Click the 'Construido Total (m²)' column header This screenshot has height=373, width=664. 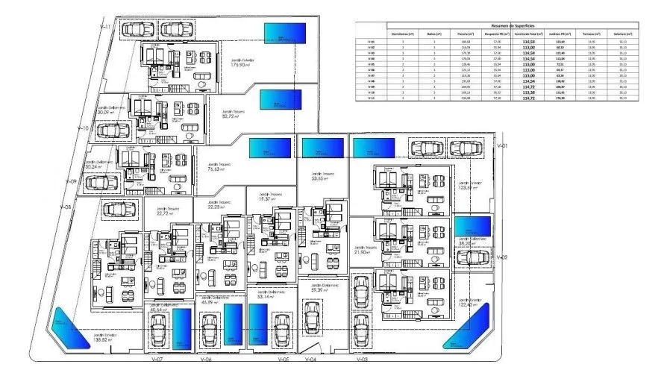(x=530, y=34)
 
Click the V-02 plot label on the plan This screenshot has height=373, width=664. (x=502, y=257)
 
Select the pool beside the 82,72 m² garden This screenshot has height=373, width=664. (x=281, y=100)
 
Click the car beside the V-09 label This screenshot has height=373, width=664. (x=103, y=182)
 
